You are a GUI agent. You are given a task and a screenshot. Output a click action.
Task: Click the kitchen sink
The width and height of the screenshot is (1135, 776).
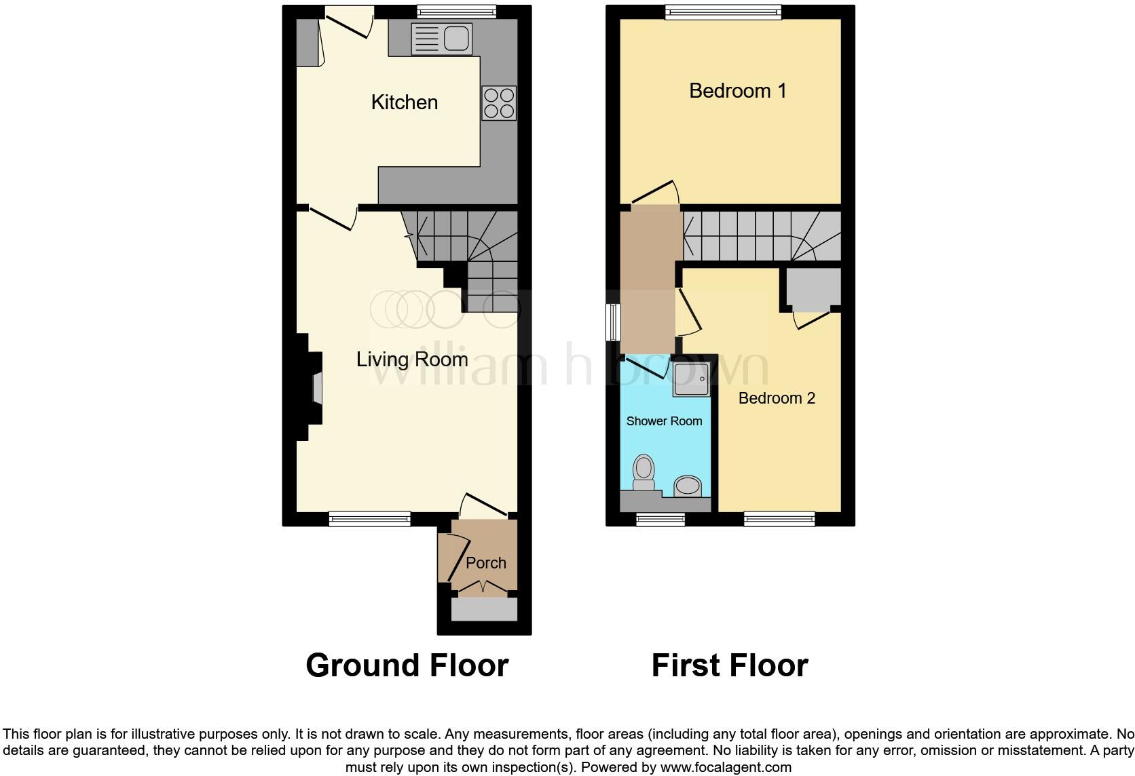pos(441,38)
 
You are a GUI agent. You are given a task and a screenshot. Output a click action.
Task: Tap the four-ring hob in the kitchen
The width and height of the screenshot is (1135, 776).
pos(499,103)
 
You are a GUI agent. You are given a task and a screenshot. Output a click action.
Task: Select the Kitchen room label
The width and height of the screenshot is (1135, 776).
pos(404,102)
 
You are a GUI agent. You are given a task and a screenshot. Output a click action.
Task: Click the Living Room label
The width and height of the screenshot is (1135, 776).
pos(412,360)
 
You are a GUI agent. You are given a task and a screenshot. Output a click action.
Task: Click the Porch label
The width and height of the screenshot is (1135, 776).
pos(486,563)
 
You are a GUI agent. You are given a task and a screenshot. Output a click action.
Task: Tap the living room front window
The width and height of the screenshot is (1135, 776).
pos(370,519)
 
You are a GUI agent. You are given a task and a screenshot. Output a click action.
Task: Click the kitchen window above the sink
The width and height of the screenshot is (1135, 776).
pos(455,12)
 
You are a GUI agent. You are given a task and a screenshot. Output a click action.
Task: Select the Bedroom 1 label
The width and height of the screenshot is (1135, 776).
pos(737,91)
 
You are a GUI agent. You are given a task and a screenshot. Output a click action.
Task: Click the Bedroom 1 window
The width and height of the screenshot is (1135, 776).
pos(723,12)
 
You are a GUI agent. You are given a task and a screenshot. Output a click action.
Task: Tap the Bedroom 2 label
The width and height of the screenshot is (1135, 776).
pos(777,398)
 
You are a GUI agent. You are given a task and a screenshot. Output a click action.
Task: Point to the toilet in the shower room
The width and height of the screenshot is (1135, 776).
pos(643,473)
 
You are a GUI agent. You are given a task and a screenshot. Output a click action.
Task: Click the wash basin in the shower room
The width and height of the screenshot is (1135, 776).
pos(687,486)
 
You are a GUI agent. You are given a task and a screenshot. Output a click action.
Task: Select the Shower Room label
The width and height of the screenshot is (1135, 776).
pos(664,421)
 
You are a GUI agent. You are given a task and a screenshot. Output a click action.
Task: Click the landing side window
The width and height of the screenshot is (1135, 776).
pos(613,322)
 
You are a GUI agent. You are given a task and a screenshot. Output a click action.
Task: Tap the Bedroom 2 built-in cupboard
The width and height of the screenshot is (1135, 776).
pos(813,288)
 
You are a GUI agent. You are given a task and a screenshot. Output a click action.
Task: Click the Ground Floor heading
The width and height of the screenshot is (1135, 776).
pos(407,665)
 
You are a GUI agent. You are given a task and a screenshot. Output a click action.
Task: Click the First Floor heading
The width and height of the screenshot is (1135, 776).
pos(729,665)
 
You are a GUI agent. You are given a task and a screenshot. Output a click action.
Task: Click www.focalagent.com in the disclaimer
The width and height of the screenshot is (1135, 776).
pos(726,768)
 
